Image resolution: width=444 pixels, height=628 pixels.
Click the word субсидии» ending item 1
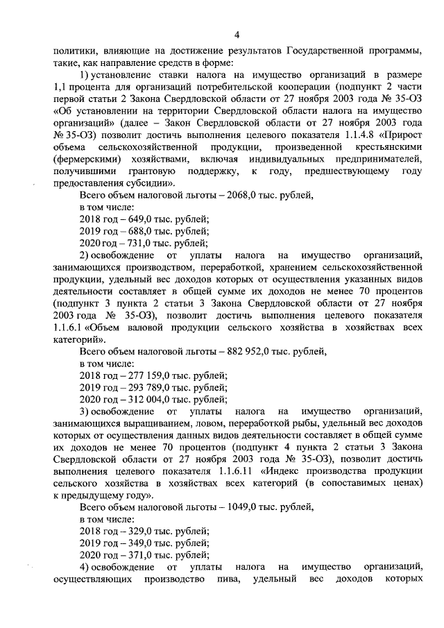coord(143,183)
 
